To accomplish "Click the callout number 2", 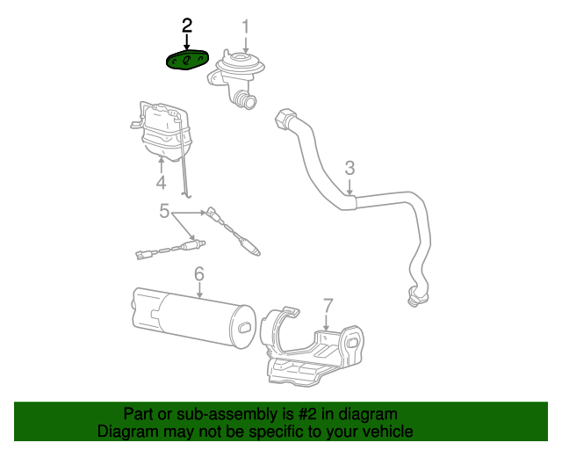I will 186,25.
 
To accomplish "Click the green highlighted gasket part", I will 188,60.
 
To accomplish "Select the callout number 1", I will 246,25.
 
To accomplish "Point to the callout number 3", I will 349,167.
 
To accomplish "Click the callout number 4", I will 161,183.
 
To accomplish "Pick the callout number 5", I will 164,211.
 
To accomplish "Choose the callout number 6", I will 199,274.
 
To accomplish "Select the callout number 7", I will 328,305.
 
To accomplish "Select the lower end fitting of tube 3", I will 414,298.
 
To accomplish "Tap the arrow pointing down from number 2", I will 186,40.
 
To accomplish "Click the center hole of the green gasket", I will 188,60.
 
